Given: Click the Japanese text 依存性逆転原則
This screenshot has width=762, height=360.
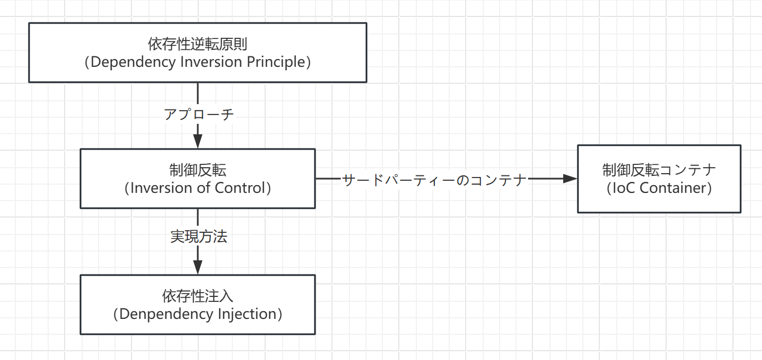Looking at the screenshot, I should coord(198,44).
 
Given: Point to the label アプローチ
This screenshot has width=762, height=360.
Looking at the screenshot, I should coord(199,115).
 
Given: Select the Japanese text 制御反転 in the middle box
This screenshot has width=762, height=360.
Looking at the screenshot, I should coord(198,170).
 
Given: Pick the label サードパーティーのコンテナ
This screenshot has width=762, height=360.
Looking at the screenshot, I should coord(434,179).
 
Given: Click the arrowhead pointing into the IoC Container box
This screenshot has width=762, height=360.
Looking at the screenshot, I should coord(570,179).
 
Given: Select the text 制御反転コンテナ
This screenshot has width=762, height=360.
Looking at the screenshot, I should coord(659,170).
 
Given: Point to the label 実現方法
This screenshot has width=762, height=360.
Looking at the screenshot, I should coord(198,237).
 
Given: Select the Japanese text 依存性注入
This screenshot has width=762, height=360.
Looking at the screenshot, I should coord(198,296).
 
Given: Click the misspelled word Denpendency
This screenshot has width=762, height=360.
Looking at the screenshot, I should coord(168,314).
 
